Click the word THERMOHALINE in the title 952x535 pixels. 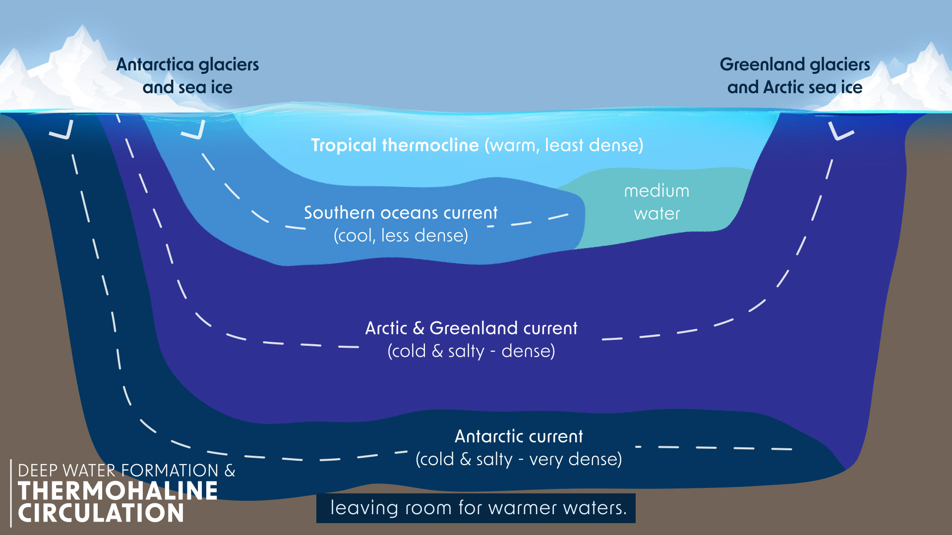[x=118, y=491]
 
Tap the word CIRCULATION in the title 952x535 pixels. [x=101, y=513]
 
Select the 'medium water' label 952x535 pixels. [x=656, y=202]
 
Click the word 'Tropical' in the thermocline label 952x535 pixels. [x=344, y=145]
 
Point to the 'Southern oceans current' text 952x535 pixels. [x=401, y=213]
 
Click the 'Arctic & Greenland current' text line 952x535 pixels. [x=471, y=328]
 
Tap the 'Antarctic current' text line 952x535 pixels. [x=519, y=436]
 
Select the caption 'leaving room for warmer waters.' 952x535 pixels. [x=478, y=508]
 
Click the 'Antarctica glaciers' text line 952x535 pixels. [x=187, y=64]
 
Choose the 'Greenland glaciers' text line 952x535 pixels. [x=795, y=64]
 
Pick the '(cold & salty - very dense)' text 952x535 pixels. [x=519, y=459]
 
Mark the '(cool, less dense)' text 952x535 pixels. [x=401, y=235]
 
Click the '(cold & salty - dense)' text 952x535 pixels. [x=471, y=351]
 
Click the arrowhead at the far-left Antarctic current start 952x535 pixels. [x=62, y=131]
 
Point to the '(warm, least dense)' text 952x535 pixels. [x=564, y=145]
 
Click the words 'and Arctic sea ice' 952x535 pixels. [x=795, y=87]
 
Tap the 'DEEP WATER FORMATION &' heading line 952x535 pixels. [x=126, y=470]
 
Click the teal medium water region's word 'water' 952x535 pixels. [x=656, y=214]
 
